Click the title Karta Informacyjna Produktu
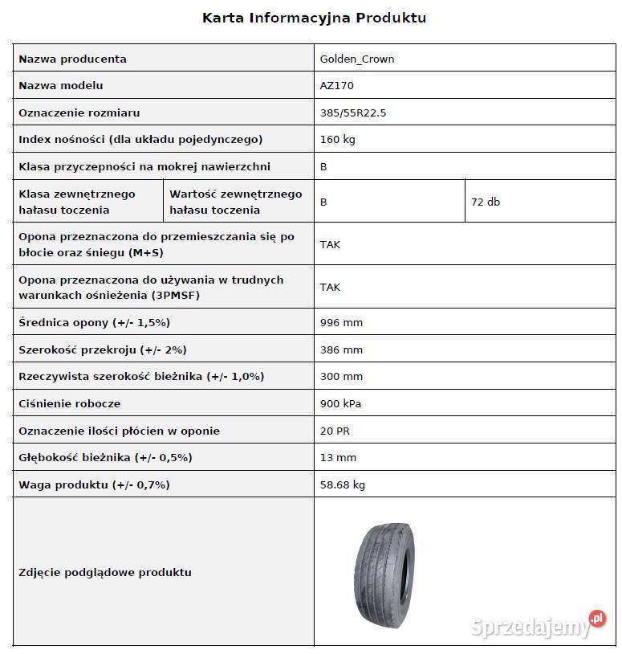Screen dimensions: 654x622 click(x=314, y=18)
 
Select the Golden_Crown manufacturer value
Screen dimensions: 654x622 click(x=356, y=59)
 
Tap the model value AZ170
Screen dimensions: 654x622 click(x=336, y=85)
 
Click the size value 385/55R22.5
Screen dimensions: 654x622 click(x=352, y=112)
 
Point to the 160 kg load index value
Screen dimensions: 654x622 click(x=337, y=139)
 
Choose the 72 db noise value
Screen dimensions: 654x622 click(x=485, y=202)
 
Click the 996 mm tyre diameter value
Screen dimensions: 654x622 click(x=340, y=322)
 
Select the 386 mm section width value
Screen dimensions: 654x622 click(x=340, y=349)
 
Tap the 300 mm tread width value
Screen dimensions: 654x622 click(x=340, y=376)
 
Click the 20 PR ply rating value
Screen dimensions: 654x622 click(x=334, y=431)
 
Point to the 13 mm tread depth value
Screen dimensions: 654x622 click(x=337, y=457)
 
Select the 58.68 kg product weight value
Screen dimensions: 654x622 click(x=343, y=484)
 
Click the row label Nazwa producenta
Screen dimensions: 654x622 click(x=72, y=59)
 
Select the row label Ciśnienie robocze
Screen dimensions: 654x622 click(x=69, y=403)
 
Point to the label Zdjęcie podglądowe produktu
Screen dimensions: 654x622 click(x=104, y=572)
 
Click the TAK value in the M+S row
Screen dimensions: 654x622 click(x=329, y=244)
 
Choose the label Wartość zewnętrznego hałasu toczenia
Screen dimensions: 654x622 click(x=235, y=202)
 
